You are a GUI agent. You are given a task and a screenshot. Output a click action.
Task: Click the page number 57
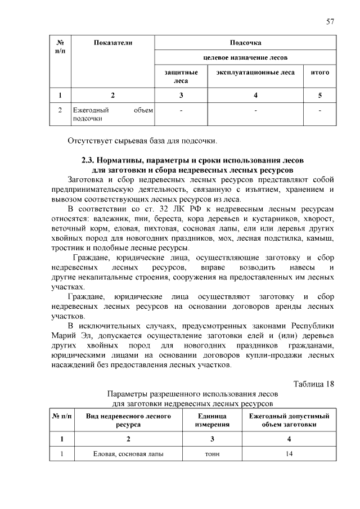coord(330,21)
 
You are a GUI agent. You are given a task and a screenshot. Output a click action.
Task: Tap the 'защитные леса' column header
coord(181,76)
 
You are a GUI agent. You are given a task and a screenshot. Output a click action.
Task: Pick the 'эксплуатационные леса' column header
coord(255,73)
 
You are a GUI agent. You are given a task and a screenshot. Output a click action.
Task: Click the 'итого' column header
coord(319,73)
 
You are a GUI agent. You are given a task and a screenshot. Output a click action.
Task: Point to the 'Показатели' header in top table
coord(112,43)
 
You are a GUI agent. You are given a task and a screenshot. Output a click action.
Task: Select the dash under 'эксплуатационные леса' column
coord(255,110)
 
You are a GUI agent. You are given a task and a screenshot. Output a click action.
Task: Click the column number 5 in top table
coord(319,94)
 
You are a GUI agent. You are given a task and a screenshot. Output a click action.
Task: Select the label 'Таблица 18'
coord(314,384)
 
